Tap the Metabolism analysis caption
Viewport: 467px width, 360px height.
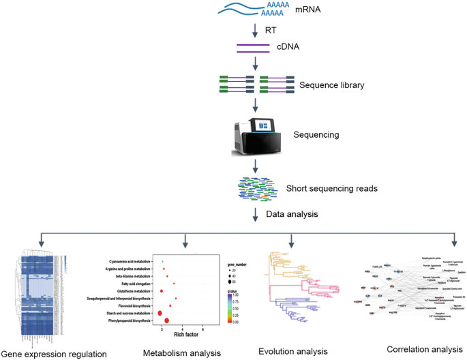pos(182,353)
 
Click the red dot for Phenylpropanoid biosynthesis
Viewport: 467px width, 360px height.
pos(167,320)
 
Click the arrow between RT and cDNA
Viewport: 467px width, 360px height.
pos(255,32)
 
